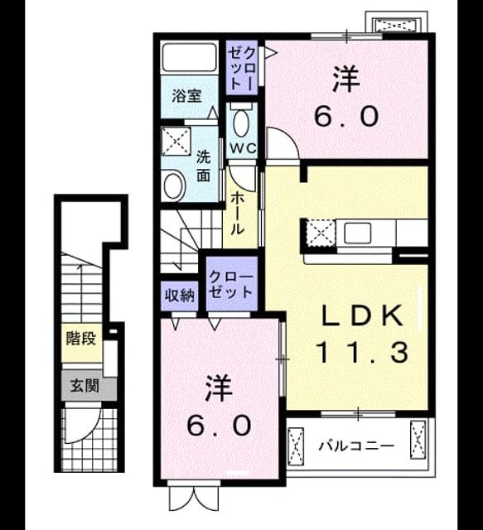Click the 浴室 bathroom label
[x=186, y=96]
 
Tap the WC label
[x=243, y=148]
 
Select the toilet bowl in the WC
[x=241, y=123]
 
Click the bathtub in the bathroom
[x=189, y=57]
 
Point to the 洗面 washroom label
[x=203, y=166]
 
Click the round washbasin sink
[x=173, y=185]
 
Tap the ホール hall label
[x=238, y=214]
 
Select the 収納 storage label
[x=179, y=296]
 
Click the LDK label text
[x=362, y=316]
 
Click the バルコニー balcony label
[x=356, y=446]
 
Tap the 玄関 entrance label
[x=85, y=386]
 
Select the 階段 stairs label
[x=81, y=339]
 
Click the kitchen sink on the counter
[x=357, y=234]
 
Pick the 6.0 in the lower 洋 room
[x=220, y=425]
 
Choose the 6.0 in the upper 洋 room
[x=345, y=116]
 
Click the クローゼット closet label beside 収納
[x=231, y=284]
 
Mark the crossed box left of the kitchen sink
[x=321, y=234]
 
